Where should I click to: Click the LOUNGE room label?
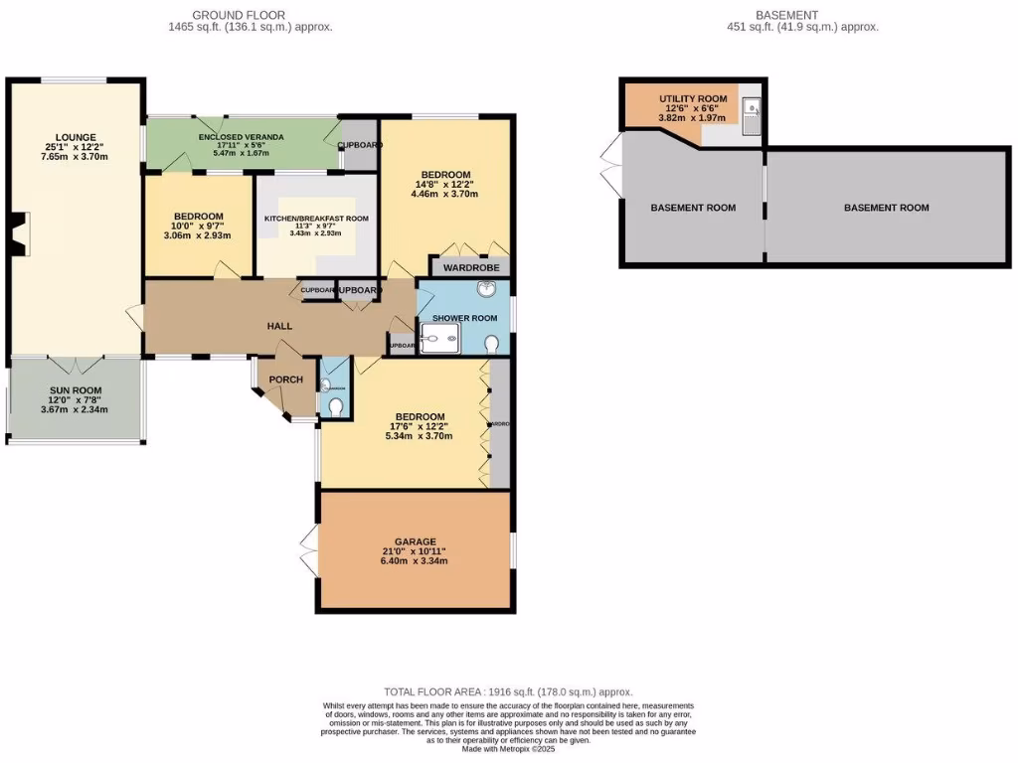pos(75,135)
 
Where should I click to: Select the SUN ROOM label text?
pos(75,390)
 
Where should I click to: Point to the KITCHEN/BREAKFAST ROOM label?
pos(316,219)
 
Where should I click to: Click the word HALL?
pos(278,327)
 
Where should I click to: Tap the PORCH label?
pos(286,380)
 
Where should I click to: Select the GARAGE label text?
pos(414,541)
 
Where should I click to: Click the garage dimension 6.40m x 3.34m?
pos(414,561)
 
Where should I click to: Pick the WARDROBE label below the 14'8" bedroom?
pos(470,267)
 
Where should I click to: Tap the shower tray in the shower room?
pos(437,342)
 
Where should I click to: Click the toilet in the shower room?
pos(492,344)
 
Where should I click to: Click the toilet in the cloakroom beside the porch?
pos(336,407)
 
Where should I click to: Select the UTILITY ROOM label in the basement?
pos(693,98)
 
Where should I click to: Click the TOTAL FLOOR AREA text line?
pos(508,691)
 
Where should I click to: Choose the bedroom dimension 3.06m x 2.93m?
pos(199,236)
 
